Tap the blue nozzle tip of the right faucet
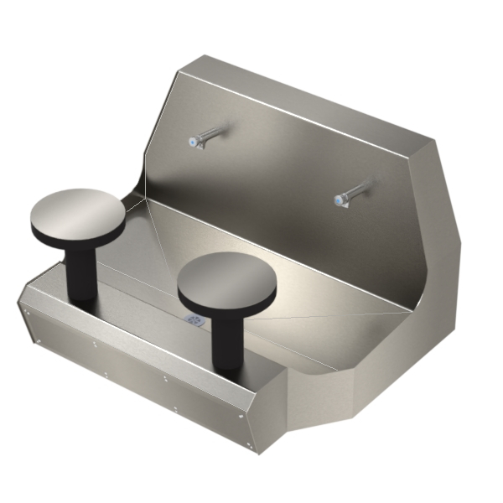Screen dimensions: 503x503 tap(339, 200)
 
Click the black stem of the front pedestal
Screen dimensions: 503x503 tap(226, 340)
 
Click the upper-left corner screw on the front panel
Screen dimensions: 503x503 tap(27, 312)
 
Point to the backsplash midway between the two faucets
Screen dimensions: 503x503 tap(277, 168)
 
